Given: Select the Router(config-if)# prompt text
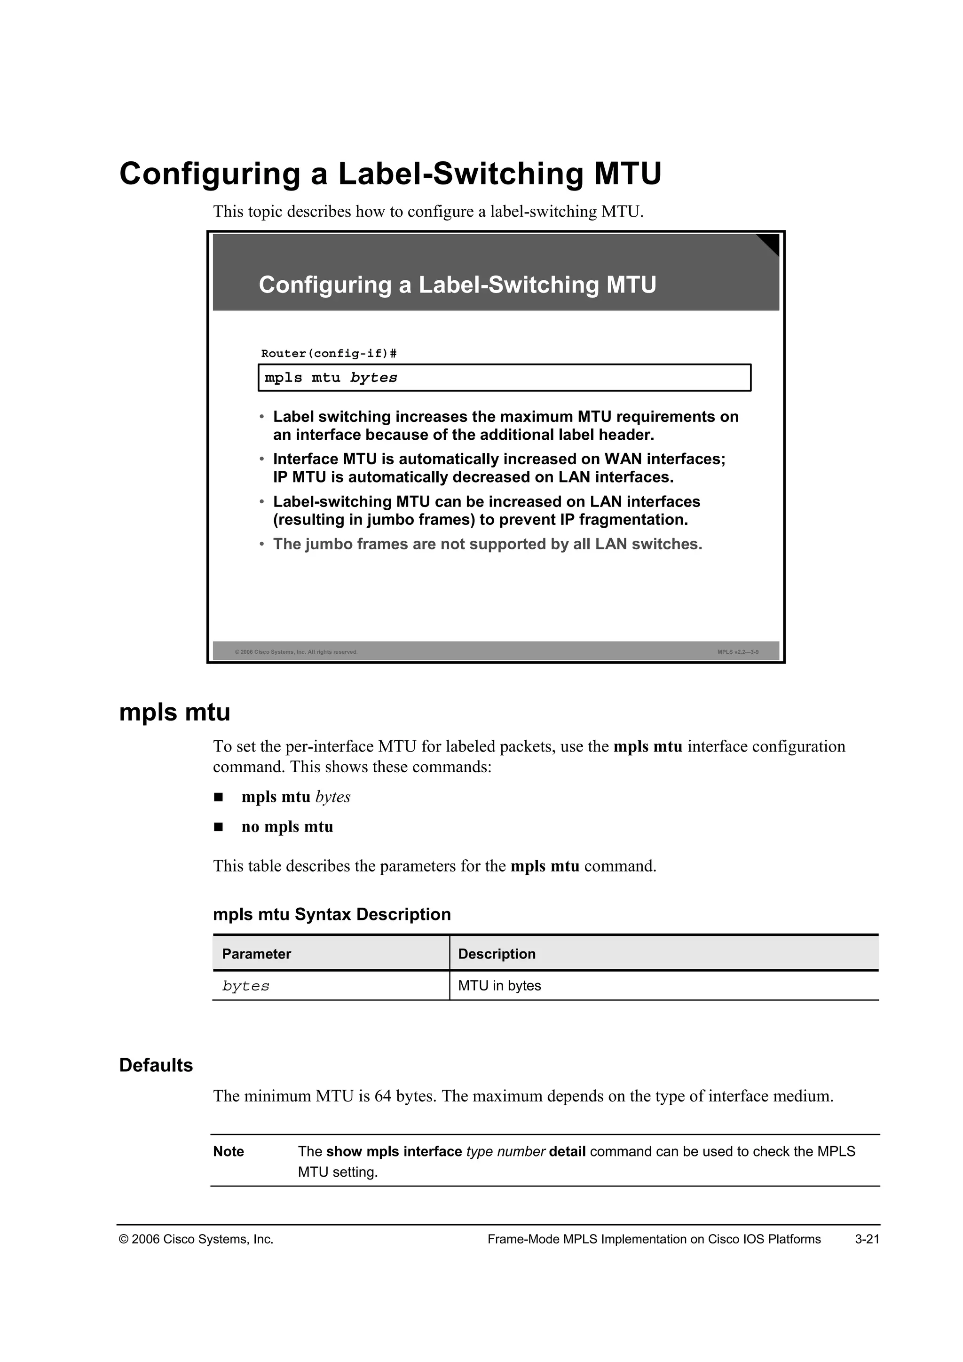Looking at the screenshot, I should point(329,354).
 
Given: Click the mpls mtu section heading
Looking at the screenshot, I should point(174,712).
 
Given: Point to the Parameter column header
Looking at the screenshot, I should point(256,954).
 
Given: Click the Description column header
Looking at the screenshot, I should point(497,954).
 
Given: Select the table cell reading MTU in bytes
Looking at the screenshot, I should point(499,985).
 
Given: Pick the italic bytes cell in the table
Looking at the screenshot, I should point(245,986).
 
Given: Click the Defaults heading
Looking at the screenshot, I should point(156,1065).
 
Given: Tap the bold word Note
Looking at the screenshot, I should point(229,1151).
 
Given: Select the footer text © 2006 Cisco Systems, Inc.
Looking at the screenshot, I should point(196,1239).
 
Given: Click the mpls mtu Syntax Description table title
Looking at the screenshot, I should point(332,914).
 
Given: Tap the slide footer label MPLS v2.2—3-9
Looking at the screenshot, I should point(738,652).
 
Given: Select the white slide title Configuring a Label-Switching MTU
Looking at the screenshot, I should point(457,285).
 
